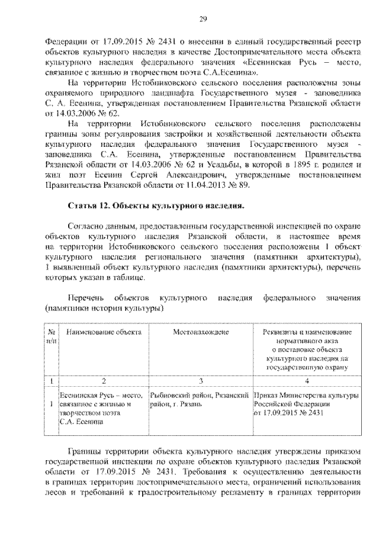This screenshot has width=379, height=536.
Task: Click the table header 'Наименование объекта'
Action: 104,333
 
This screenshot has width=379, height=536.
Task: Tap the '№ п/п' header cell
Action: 52,336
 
